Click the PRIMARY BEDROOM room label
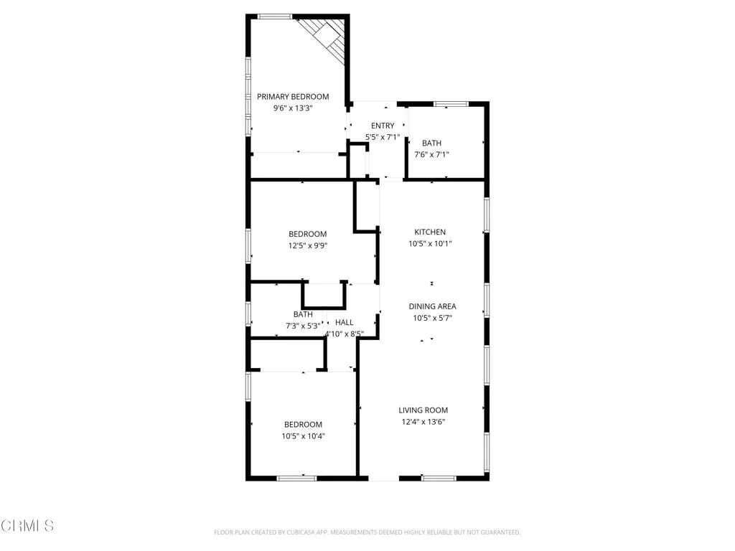(293, 97)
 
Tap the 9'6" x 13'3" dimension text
(293, 108)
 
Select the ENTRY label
(383, 126)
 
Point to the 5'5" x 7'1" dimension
(383, 137)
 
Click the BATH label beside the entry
(431, 143)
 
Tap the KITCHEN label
(430, 232)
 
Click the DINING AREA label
(433, 306)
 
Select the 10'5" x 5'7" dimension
(433, 318)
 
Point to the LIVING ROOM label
(423, 410)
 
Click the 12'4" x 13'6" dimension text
(423, 422)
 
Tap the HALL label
(345, 323)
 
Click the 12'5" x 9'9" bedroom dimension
(307, 245)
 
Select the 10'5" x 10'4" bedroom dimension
(303, 435)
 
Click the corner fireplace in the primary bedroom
(327, 37)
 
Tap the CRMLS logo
(27, 526)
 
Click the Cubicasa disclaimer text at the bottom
(367, 532)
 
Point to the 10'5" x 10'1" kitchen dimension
(430, 243)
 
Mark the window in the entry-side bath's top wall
(451, 104)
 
